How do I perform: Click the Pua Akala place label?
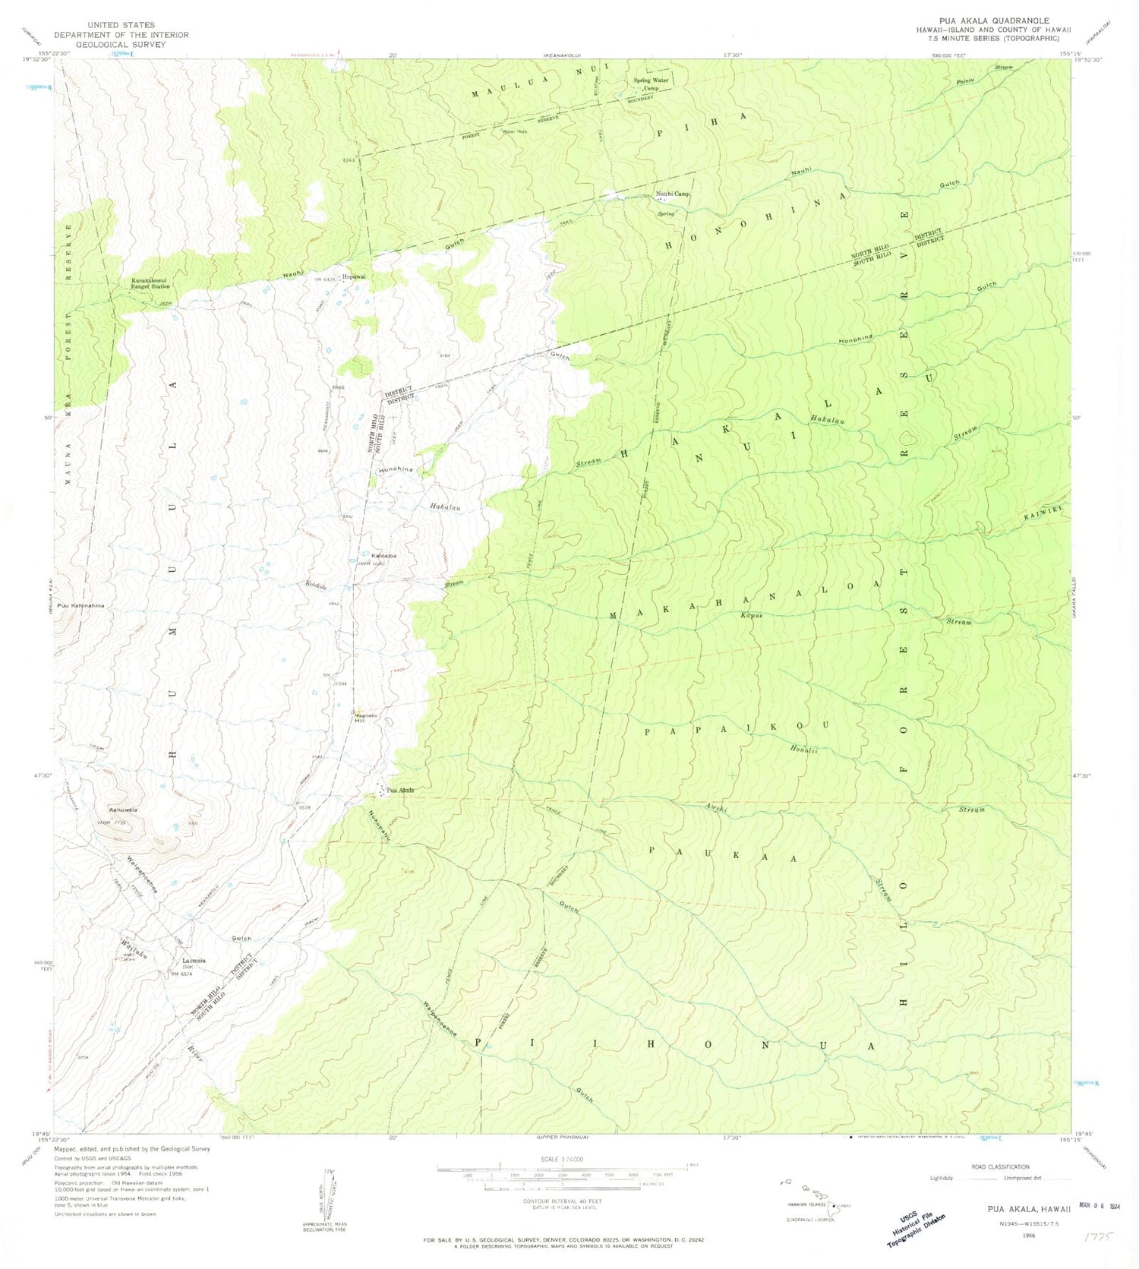401,791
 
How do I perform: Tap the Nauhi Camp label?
673,194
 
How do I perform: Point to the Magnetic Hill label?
366,718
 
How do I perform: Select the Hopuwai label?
354,276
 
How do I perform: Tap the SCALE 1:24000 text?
561,1159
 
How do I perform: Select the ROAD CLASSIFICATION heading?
1000,1166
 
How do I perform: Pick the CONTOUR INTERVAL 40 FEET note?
562,1201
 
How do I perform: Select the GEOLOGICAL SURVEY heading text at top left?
121,45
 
